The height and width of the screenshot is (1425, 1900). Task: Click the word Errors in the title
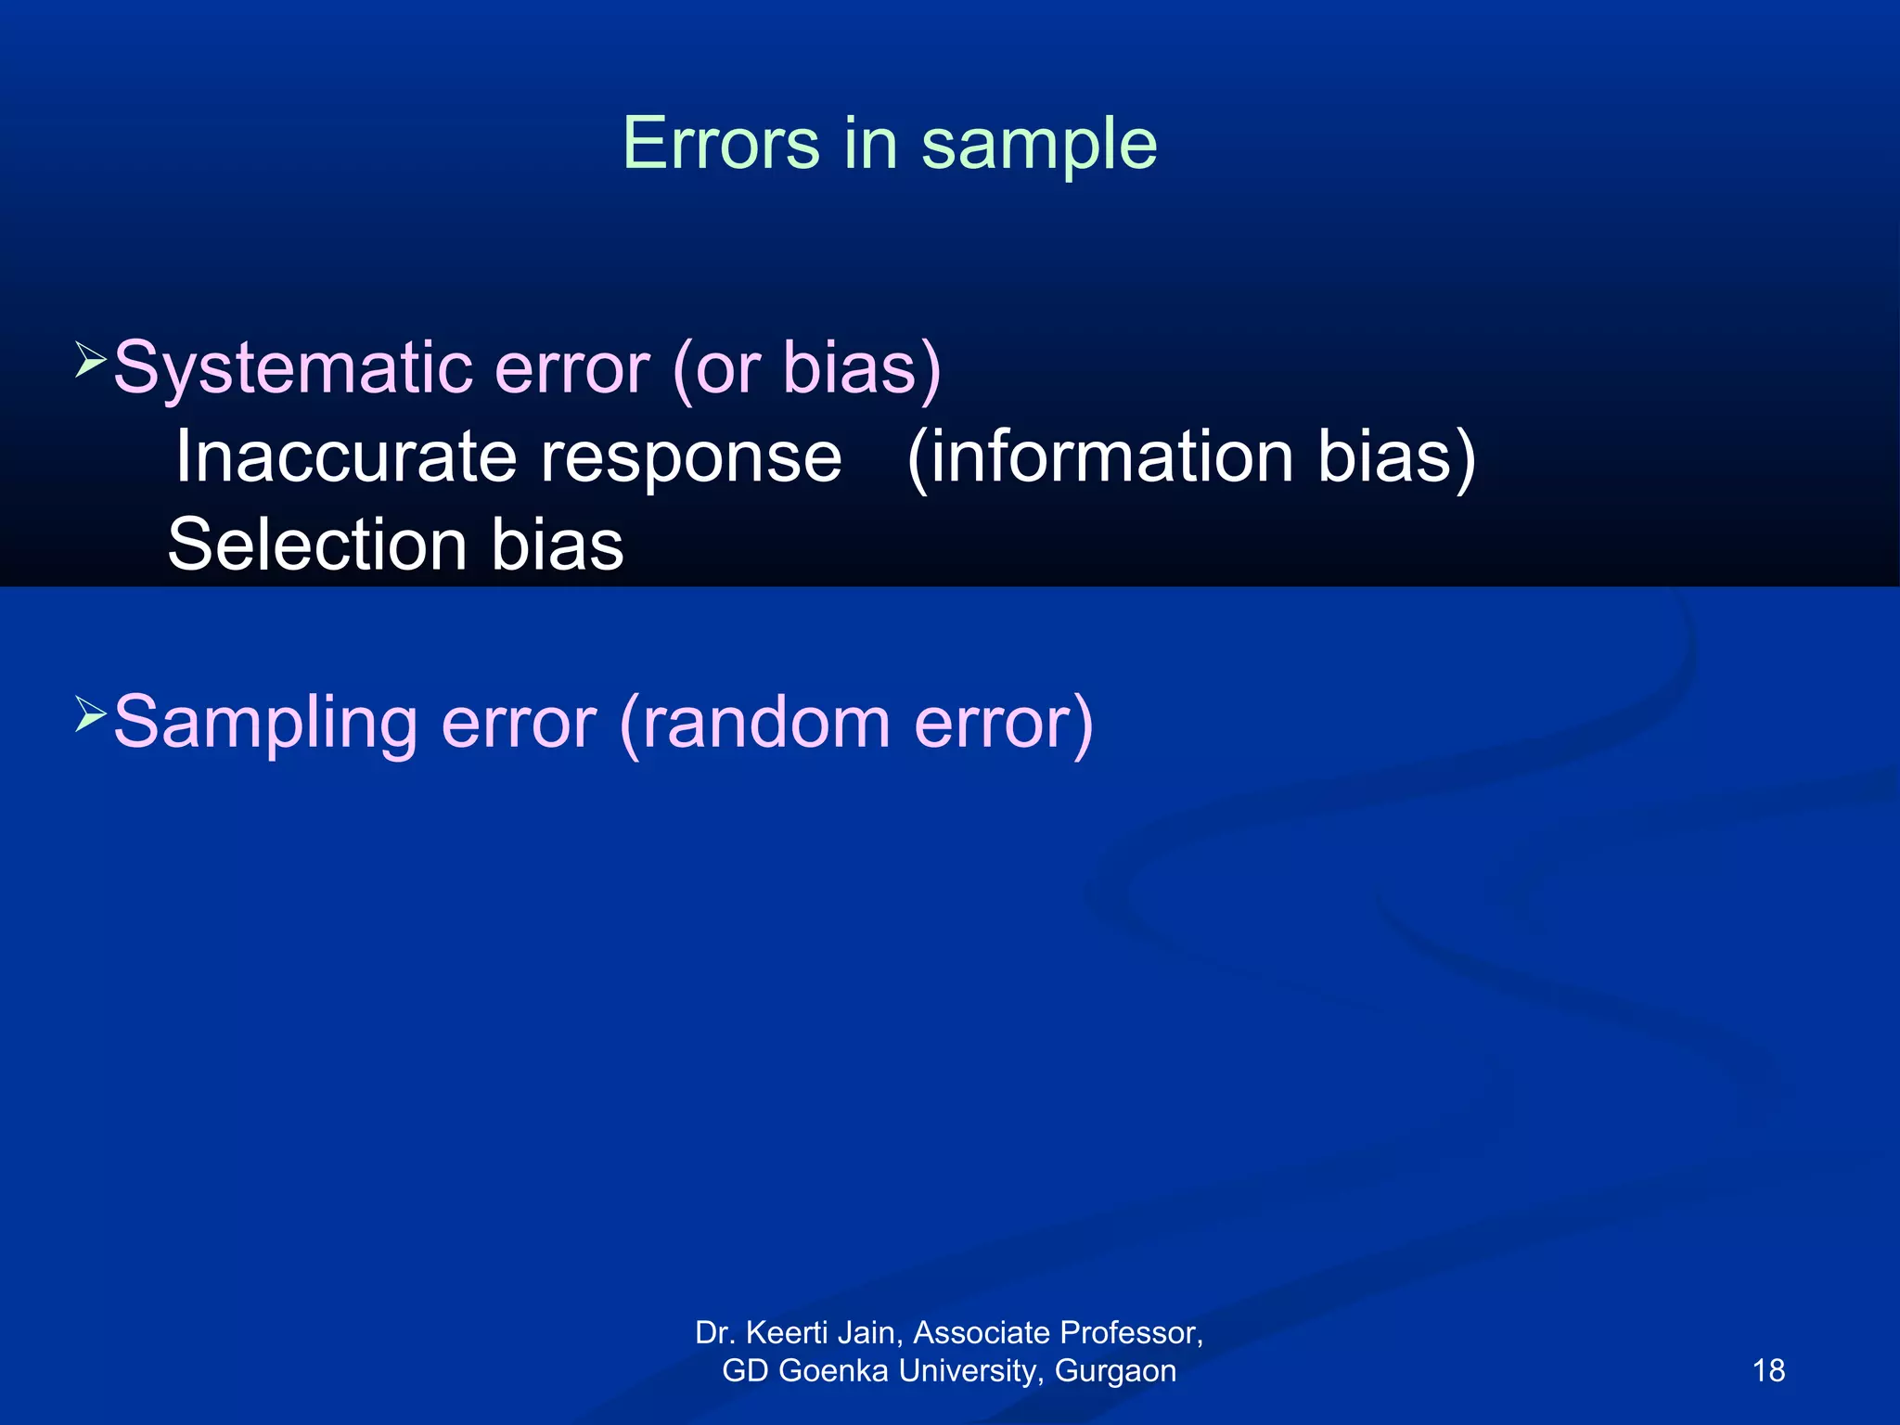pyautogui.click(x=721, y=144)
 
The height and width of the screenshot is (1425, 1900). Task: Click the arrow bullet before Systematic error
pyautogui.click(x=90, y=359)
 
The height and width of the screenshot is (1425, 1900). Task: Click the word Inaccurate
pyautogui.click(x=345, y=457)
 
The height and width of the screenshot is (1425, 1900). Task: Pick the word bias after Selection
pyautogui.click(x=557, y=545)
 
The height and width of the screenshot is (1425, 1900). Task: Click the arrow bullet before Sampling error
pyautogui.click(x=90, y=714)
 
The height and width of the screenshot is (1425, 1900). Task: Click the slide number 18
pyautogui.click(x=1768, y=1370)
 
